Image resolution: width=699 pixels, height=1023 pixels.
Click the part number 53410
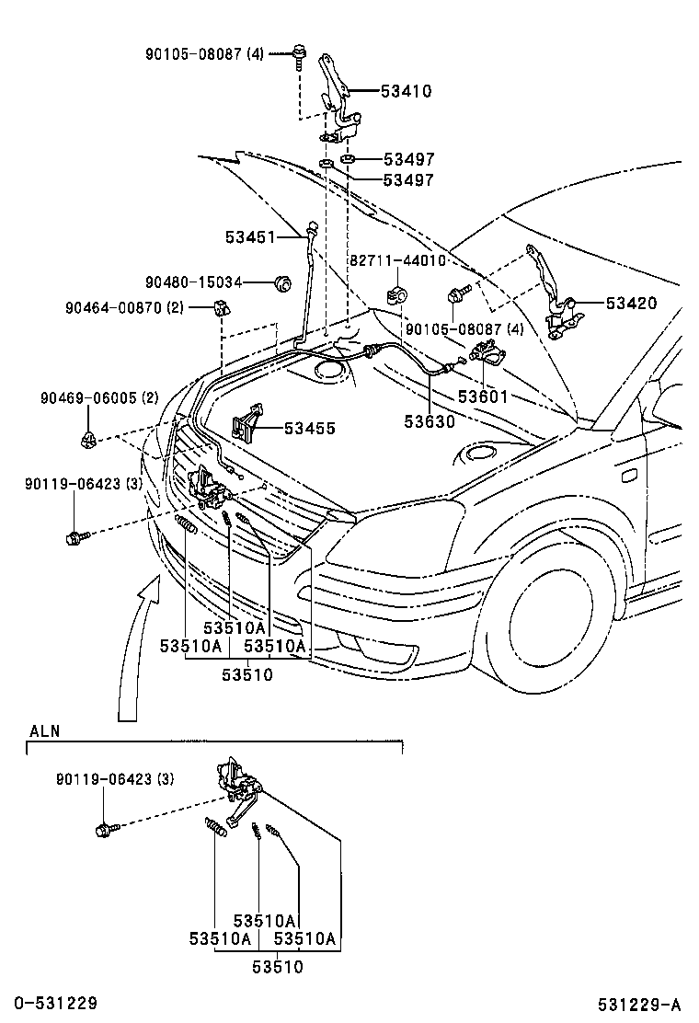point(407,92)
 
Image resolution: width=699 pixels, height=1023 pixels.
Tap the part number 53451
point(250,237)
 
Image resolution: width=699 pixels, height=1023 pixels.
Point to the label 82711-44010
point(397,260)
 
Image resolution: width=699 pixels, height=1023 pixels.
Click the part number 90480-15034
point(193,282)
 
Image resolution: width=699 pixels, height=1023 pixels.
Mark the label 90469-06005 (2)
point(99,398)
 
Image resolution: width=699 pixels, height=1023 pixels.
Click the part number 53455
point(310,429)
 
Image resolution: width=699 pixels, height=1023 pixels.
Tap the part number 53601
point(483,397)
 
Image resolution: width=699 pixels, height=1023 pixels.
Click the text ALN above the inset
point(44,731)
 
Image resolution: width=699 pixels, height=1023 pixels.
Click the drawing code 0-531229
point(56,1003)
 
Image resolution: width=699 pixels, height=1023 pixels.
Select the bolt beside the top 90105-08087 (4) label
point(300,52)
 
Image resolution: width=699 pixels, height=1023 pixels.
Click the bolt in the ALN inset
point(104,830)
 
